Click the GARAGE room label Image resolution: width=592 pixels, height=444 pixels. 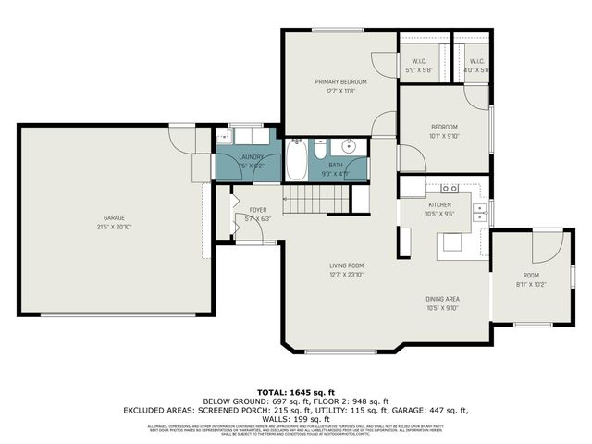pos(114,218)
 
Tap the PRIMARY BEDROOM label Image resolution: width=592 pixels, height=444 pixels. pos(335,81)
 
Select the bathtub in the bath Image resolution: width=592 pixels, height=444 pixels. pos(296,160)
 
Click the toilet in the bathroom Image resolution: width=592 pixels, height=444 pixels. pos(319,151)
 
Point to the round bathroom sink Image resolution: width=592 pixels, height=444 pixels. pos(350,146)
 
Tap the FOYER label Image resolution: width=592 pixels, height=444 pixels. pos(258,210)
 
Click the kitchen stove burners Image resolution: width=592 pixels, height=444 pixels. pos(450,189)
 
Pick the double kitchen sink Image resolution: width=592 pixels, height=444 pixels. pos(480,214)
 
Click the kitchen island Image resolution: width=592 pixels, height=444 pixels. pos(452,241)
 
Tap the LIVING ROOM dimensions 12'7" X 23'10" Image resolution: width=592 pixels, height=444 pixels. pos(347,275)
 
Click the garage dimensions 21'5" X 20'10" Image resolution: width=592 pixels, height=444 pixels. pos(114,228)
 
